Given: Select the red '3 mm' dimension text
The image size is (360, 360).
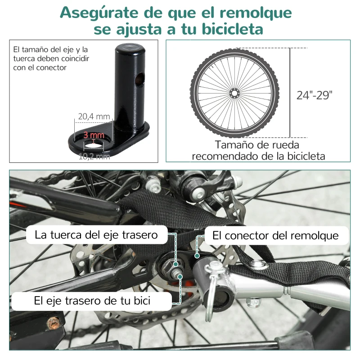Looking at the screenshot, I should [94, 135].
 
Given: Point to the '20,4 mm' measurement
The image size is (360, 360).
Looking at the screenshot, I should [94, 117].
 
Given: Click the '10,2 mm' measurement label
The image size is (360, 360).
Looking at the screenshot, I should [94, 156].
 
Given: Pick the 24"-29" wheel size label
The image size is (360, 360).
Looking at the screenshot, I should [315, 95].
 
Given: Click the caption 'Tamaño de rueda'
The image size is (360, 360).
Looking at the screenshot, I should [257, 145].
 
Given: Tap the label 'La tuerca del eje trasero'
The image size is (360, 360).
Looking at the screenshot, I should [96, 235].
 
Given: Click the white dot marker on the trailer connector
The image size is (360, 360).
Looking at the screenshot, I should [197, 255].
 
